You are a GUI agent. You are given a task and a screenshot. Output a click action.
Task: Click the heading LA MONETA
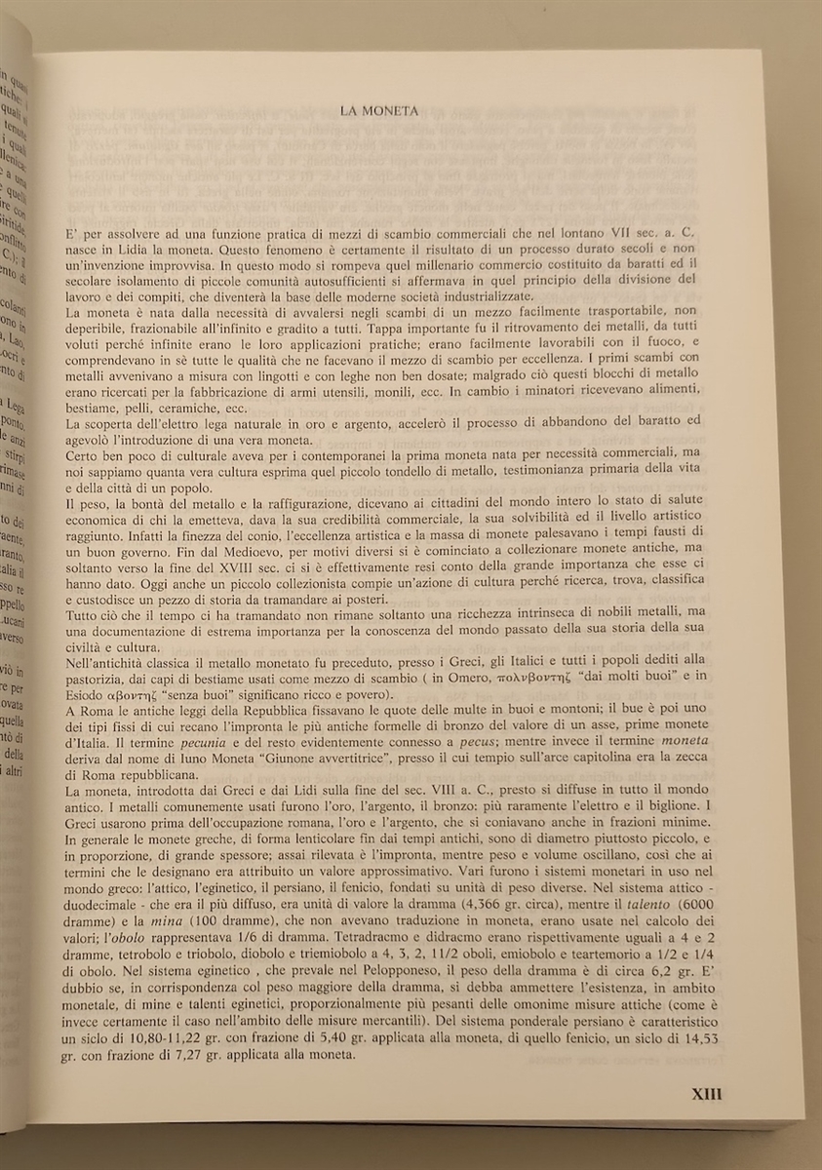379,111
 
